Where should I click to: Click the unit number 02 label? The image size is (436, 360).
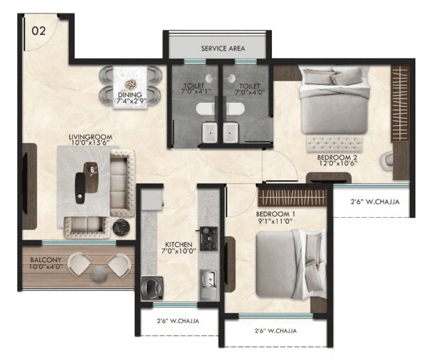pos(39,31)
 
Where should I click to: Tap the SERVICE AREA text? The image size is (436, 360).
pos(223,48)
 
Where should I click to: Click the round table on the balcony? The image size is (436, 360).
pos(99,274)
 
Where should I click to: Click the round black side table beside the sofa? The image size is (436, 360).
pos(120,226)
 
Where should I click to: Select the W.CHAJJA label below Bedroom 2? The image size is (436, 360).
pos(374,203)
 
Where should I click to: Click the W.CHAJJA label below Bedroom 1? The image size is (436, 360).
pos(275,331)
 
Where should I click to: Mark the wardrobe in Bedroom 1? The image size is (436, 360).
pos(292,197)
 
